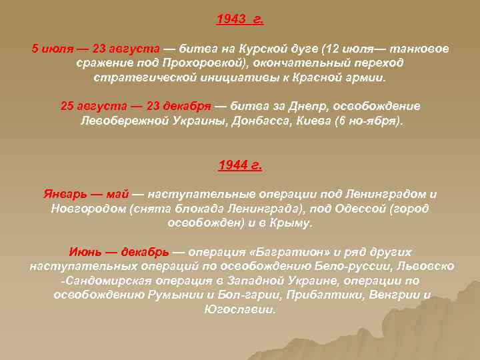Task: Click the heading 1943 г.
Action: pos(240,20)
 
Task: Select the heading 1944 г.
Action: pos(240,166)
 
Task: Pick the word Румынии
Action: pos(180,295)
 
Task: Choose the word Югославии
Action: pos(240,310)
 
